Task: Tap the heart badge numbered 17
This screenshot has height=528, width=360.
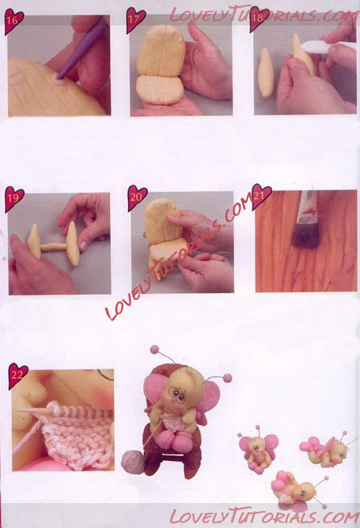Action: (x=135, y=20)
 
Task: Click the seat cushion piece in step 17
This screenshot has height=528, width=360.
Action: (x=159, y=90)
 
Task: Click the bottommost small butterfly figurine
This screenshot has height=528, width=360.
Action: (x=296, y=488)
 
